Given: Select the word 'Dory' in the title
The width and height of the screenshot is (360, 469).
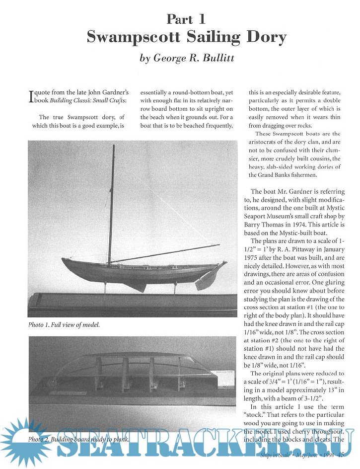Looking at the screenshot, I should click(x=266, y=38).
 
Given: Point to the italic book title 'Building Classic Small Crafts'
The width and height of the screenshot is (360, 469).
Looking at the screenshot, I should click(x=84, y=100).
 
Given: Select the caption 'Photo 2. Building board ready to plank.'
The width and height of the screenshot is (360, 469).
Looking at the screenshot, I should click(x=79, y=440).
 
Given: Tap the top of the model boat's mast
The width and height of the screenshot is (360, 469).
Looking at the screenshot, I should click(x=114, y=147).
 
